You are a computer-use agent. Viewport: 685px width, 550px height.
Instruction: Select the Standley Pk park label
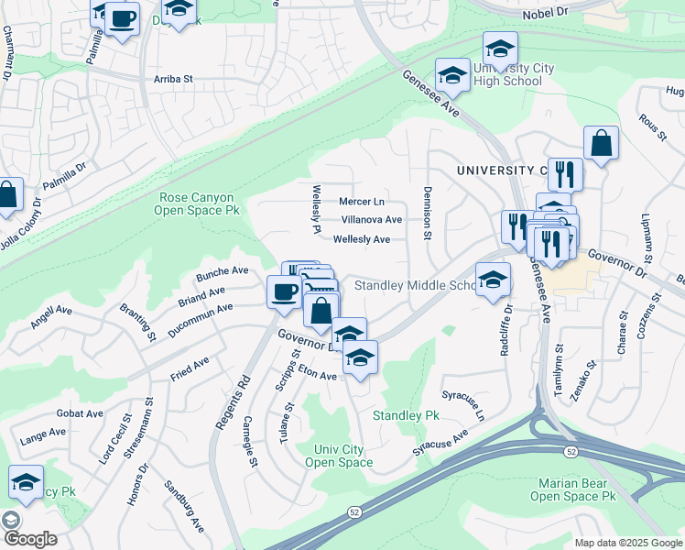click(406, 415)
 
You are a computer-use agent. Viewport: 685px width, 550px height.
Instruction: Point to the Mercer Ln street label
click(362, 201)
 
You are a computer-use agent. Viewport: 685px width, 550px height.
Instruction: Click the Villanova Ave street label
click(371, 220)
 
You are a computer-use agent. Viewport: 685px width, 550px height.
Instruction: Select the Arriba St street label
click(173, 80)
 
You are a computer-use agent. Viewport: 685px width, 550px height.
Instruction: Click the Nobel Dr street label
click(546, 15)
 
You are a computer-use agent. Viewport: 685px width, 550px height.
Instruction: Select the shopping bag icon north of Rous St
click(601, 143)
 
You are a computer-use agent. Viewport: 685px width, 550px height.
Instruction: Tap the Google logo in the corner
click(29, 539)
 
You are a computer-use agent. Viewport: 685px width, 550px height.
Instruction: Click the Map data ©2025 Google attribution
click(627, 543)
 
